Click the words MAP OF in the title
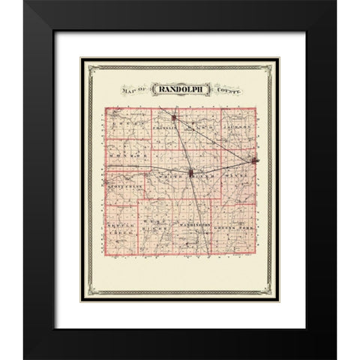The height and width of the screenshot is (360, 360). tap(132, 89)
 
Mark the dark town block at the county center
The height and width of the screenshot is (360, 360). tap(191, 174)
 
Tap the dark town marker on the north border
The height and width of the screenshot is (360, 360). tap(174, 117)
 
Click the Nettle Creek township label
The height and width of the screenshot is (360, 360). tap(121, 229)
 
